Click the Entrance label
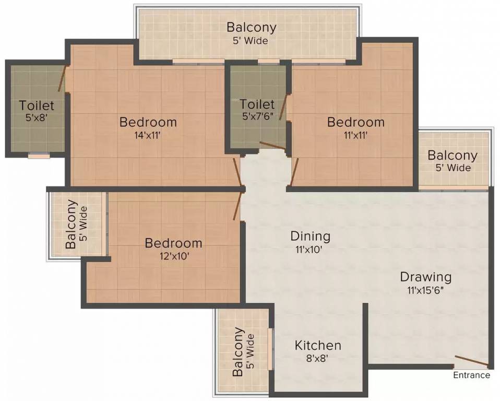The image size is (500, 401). point(471,375)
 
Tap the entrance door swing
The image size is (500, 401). point(471,361)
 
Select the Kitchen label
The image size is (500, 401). point(318,346)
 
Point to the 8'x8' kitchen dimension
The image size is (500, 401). point(318,358)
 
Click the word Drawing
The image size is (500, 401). point(425,277)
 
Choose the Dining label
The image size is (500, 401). point(311,237)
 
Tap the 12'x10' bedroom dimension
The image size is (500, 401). point(173,256)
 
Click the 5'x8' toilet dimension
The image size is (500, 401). point(37,118)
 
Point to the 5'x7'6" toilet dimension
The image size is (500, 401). point(257,117)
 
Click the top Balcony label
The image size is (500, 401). point(252,27)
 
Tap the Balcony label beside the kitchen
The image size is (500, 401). point(238,352)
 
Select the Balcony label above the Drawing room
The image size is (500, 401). point(452,156)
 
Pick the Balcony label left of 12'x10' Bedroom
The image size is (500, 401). point(71,227)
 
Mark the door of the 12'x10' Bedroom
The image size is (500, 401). point(240,205)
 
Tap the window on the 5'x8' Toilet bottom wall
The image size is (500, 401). point(39,155)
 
